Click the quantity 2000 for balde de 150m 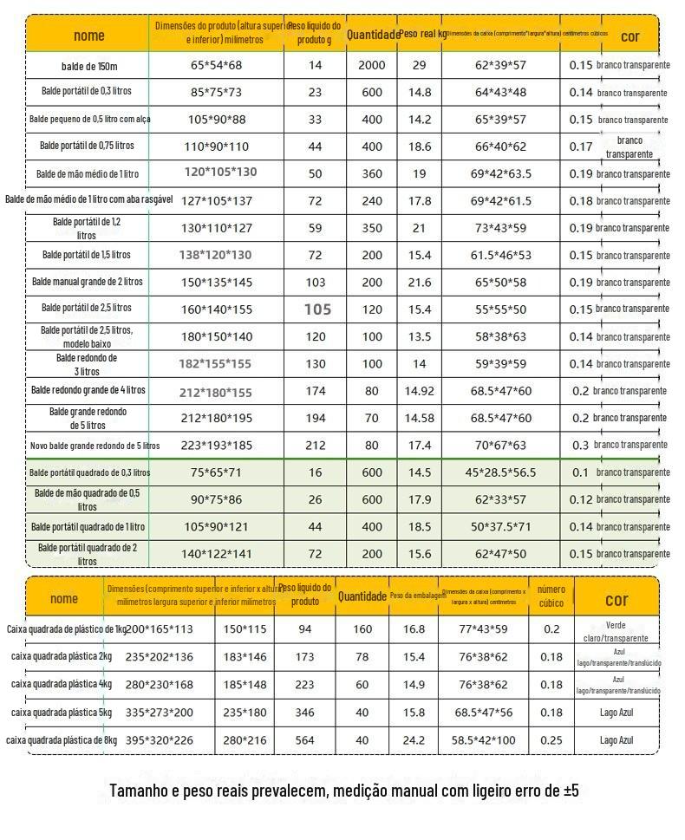tap(372, 65)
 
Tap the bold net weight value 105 tap(317, 309)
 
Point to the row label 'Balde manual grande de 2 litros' tap(88, 282)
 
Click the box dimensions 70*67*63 tap(499, 446)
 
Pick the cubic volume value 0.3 tap(580, 446)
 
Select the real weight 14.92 tap(420, 391)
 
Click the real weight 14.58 tap(420, 418)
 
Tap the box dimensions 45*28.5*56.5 tap(500, 472)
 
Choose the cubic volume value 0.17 tap(581, 147)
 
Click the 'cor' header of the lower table tap(616, 599)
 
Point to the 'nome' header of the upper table tap(88, 36)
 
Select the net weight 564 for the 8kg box tap(305, 740)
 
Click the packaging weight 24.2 tap(414, 740)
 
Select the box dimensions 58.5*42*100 tap(483, 740)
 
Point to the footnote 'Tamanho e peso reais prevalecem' tap(343, 791)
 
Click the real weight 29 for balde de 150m tap(420, 65)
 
